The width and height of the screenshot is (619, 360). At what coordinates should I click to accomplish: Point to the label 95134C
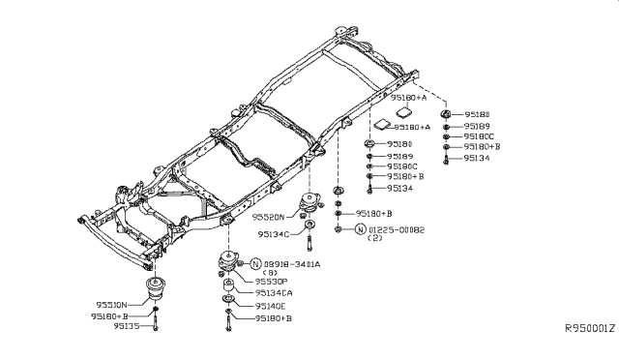(276, 234)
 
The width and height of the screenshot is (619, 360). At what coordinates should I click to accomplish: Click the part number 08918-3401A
(292, 264)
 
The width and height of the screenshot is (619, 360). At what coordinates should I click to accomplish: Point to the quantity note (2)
(379, 238)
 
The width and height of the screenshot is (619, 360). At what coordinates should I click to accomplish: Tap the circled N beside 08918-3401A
(256, 264)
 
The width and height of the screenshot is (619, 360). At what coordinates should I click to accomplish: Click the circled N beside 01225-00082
(361, 229)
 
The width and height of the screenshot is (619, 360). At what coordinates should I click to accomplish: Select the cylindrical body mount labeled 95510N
(154, 290)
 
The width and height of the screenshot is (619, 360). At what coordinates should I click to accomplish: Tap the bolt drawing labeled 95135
(156, 325)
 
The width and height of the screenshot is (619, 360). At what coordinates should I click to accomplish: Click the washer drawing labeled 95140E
(226, 305)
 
